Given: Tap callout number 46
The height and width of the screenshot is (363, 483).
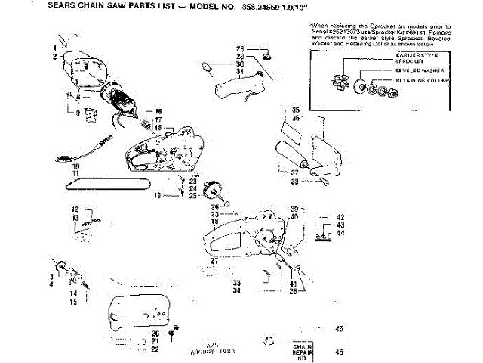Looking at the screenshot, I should pos(339,352).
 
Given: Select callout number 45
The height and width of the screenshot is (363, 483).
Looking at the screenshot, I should pos(339,328).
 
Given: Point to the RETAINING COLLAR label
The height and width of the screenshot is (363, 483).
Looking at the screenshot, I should pos(427,80).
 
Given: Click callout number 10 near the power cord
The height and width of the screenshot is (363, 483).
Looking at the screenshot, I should pos(75,166).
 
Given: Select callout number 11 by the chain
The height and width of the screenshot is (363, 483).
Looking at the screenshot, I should pos(75,173).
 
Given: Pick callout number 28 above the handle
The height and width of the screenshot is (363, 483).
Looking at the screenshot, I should pos(239,48).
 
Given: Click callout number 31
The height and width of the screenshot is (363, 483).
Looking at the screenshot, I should pos(239,71).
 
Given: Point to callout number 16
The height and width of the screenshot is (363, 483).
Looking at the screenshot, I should pos(158,111).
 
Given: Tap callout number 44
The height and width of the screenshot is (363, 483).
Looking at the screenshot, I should pos(341,233).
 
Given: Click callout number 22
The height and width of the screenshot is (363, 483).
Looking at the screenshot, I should pos(155,349).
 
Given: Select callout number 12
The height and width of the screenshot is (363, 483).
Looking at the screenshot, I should pos(75,209).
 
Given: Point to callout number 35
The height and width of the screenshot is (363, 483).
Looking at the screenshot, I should pos(296,110).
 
